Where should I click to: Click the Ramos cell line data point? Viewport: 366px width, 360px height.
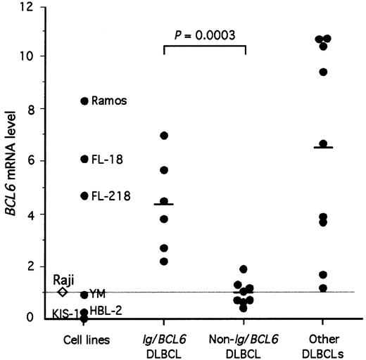[84, 101]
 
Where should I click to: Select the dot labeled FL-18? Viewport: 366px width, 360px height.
[84, 159]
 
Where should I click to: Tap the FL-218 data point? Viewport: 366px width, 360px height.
[84, 195]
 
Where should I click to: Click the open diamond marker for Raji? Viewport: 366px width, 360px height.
[62, 292]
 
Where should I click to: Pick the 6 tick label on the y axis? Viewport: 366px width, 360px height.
[29, 160]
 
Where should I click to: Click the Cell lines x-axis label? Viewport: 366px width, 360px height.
[84, 340]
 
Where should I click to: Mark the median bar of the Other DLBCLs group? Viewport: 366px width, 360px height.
[323, 147]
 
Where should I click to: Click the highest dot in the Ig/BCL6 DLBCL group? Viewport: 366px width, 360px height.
[163, 135]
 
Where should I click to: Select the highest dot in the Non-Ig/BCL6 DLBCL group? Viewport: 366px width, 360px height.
[244, 269]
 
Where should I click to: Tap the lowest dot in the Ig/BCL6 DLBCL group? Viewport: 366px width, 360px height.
[163, 262]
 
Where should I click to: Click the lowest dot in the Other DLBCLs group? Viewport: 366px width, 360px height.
[323, 288]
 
